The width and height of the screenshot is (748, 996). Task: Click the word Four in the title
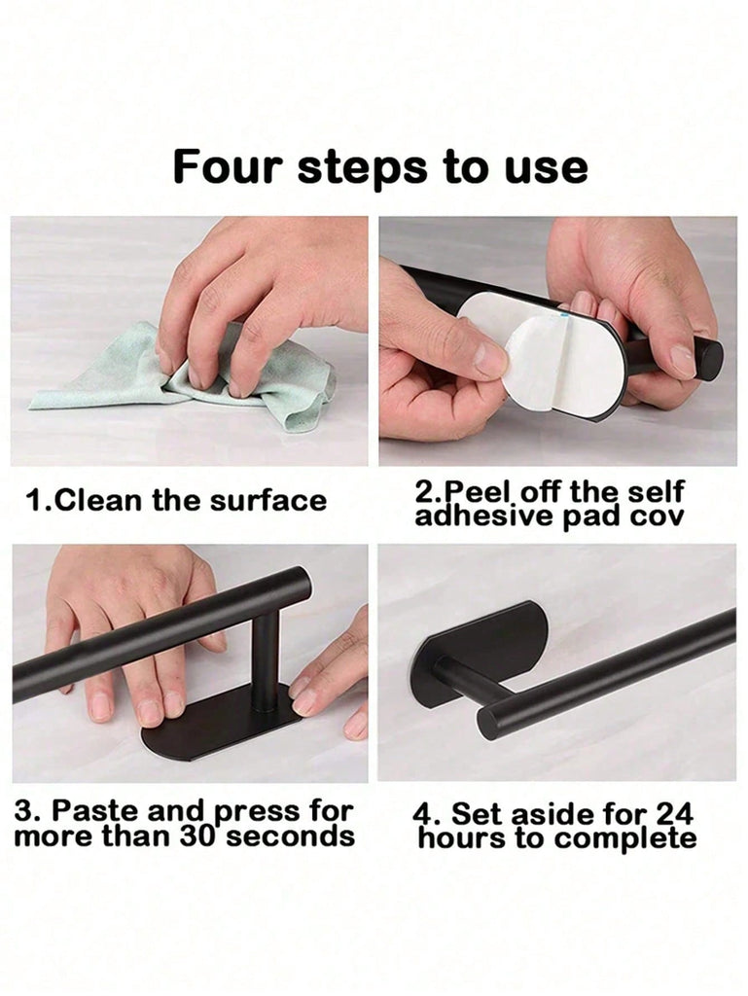click(228, 166)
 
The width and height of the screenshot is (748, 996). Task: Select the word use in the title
click(546, 169)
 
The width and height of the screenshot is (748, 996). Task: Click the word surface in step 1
click(267, 501)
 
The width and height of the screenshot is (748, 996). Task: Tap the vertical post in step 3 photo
click(265, 658)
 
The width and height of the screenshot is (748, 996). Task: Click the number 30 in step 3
click(198, 836)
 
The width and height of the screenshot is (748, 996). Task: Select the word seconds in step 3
click(290, 836)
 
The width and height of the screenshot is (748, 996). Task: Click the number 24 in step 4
click(674, 814)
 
